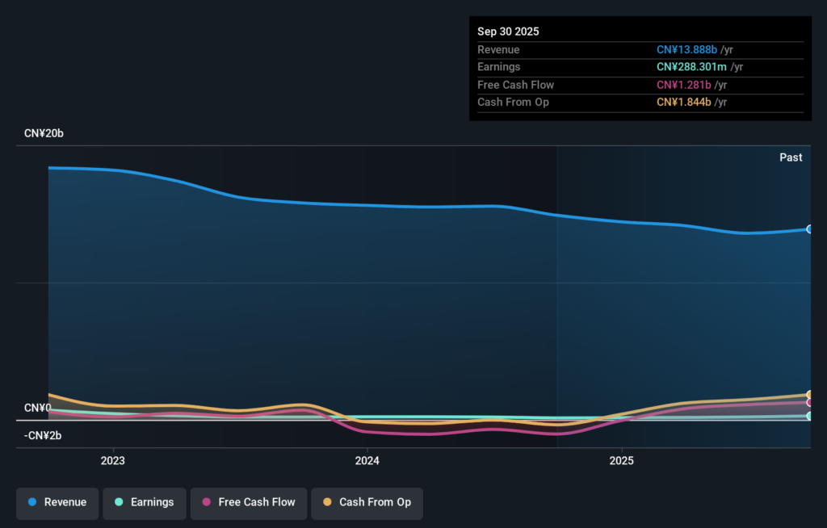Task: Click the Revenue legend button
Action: pyautogui.click(x=57, y=502)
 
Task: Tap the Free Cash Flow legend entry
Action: pyautogui.click(x=249, y=502)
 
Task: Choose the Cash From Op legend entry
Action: pyautogui.click(x=367, y=502)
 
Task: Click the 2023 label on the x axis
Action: pyautogui.click(x=113, y=461)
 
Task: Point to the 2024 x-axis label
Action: pyautogui.click(x=367, y=461)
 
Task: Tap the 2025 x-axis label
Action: pyautogui.click(x=622, y=461)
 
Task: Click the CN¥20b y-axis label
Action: pyautogui.click(x=44, y=133)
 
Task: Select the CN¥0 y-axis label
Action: pyautogui.click(x=37, y=408)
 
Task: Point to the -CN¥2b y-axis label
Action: pyautogui.click(x=43, y=436)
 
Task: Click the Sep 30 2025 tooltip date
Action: pyautogui.click(x=508, y=31)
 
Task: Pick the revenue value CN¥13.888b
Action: pyautogui.click(x=686, y=50)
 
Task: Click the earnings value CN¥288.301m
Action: pyautogui.click(x=692, y=67)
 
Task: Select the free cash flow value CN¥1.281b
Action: pyautogui.click(x=683, y=85)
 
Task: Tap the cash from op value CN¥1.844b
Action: pyautogui.click(x=683, y=103)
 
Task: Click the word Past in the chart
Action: pyautogui.click(x=791, y=157)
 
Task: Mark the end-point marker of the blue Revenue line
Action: pyautogui.click(x=809, y=229)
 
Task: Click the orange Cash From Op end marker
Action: pyautogui.click(x=809, y=395)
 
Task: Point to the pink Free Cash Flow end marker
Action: pyautogui.click(x=809, y=402)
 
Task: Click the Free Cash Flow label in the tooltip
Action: pyautogui.click(x=515, y=85)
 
